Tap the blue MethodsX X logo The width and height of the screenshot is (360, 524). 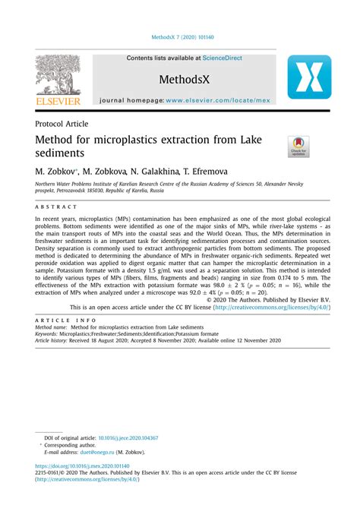pos(309,77)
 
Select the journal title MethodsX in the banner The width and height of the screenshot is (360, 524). pos(184,78)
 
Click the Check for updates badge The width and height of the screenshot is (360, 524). pos(298,146)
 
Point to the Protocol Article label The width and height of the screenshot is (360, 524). pos(62,123)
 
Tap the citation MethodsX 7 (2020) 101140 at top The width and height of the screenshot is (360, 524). pos(179,36)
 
